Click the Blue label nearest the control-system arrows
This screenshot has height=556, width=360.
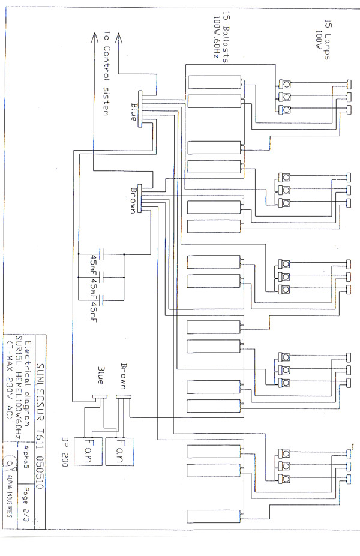pyautogui.click(x=133, y=112)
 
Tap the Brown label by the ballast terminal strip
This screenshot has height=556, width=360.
pyautogui.click(x=133, y=200)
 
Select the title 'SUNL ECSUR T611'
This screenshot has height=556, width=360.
pyautogui.click(x=41, y=409)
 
